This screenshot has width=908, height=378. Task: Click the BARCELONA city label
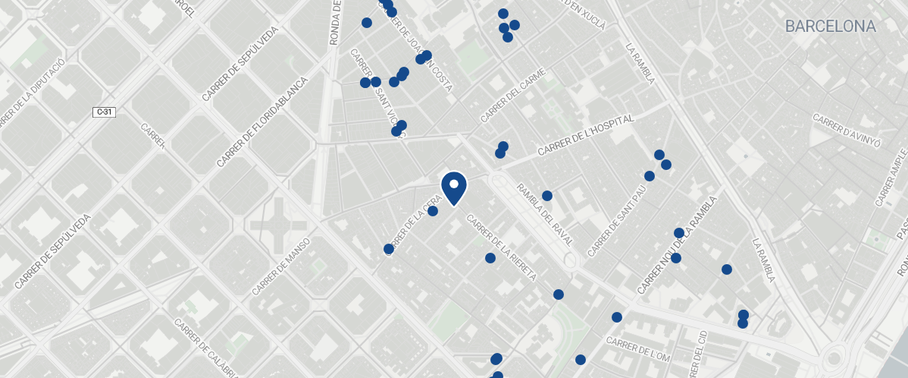tap(830, 27)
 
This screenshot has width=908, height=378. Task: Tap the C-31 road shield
tap(104, 112)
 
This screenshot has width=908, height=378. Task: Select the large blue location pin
tap(453, 187)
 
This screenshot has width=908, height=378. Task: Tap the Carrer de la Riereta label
tap(501, 248)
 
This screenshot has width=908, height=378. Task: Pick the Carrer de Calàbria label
tap(204, 345)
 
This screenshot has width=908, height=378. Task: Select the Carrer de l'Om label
tap(640, 354)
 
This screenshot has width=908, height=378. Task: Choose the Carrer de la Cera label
tap(413, 226)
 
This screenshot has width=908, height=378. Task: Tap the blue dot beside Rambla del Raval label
tap(546, 196)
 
